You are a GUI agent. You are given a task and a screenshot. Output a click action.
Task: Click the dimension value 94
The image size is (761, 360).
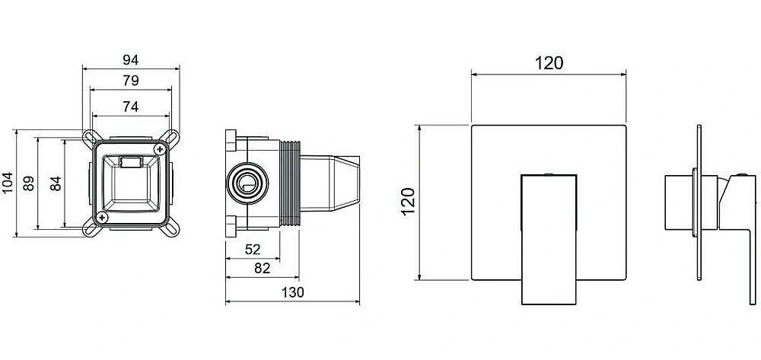point(131,59)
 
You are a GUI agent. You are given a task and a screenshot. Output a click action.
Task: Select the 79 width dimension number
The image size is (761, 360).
point(131,81)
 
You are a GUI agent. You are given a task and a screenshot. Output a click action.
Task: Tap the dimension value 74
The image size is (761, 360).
point(131,107)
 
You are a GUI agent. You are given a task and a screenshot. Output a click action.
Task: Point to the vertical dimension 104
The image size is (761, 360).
point(8,183)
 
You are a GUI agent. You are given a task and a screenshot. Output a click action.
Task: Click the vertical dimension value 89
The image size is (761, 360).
point(29,183)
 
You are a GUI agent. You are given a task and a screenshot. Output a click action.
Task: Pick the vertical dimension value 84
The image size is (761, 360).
point(56,183)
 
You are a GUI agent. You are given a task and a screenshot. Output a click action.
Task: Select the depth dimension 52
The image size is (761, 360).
point(253,250)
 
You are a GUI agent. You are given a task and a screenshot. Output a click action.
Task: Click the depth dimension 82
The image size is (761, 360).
point(262,269)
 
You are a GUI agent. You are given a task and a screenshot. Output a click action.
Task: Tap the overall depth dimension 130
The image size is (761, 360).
point(293,292)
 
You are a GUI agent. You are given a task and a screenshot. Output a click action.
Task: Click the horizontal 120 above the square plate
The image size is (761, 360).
point(549,63)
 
